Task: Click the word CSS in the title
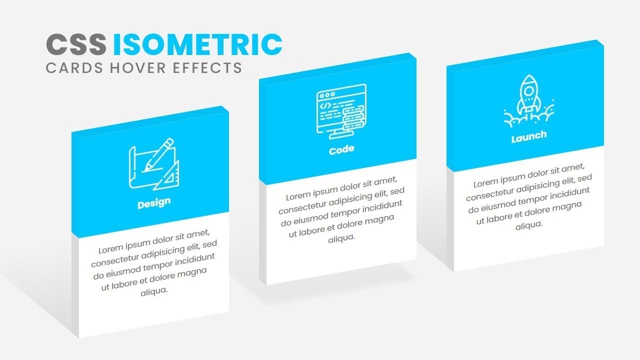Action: point(76,44)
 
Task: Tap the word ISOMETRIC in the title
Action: point(197,44)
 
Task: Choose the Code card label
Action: point(341,149)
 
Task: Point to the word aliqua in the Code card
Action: point(341,238)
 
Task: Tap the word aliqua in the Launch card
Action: point(529,225)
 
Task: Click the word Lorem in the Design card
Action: point(110,249)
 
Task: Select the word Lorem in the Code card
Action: point(298,196)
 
